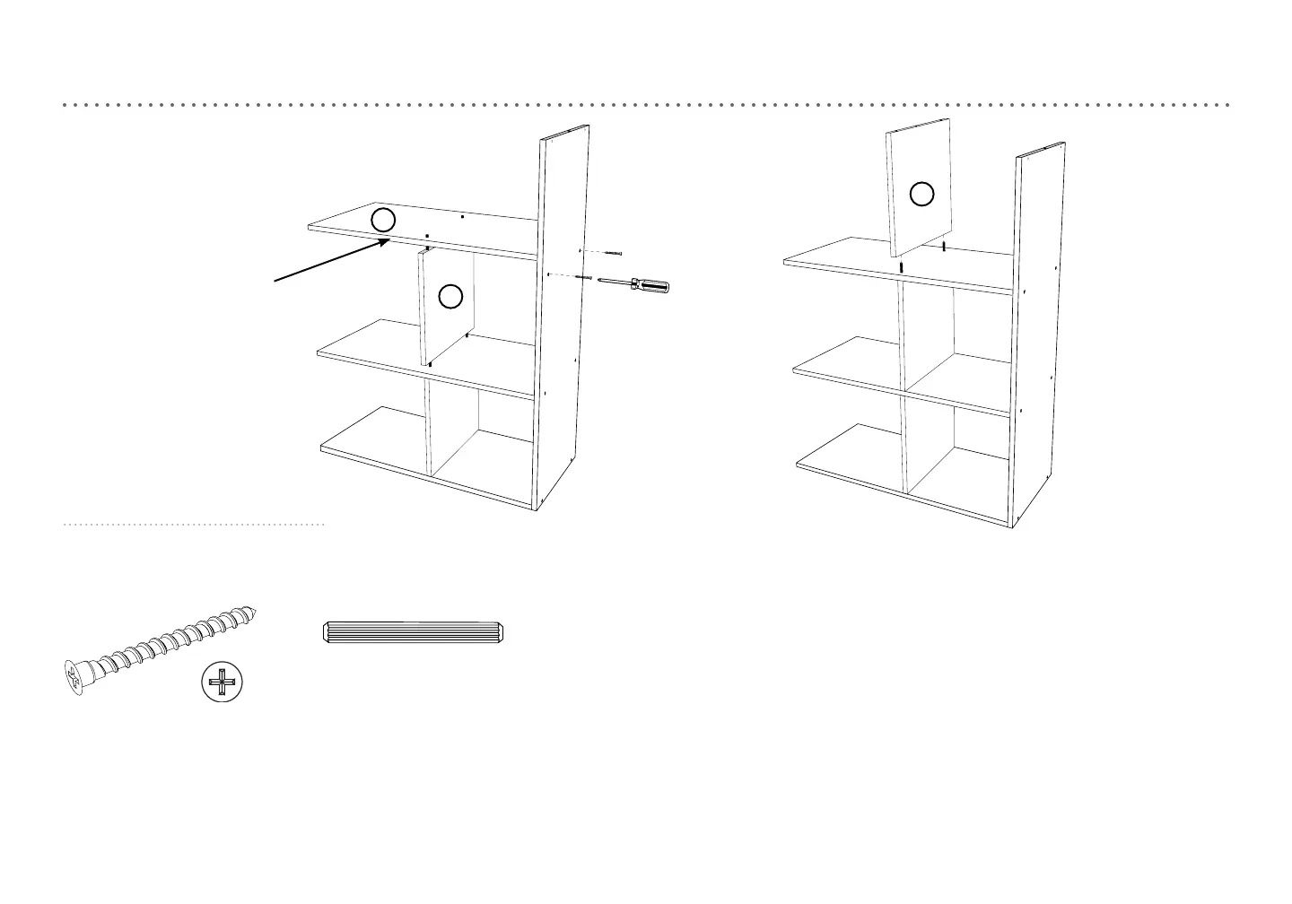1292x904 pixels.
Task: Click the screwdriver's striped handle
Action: [x=650, y=286]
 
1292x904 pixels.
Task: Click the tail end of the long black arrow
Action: [x=275, y=282]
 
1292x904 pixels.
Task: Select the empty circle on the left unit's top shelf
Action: [x=383, y=219]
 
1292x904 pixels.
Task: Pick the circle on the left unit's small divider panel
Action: [x=450, y=296]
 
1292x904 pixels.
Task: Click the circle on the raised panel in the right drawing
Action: [x=922, y=194]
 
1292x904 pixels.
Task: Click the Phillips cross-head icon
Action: [x=222, y=683]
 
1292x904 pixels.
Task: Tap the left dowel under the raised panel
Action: [x=901, y=266]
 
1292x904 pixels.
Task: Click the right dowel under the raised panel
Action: [x=945, y=245]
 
